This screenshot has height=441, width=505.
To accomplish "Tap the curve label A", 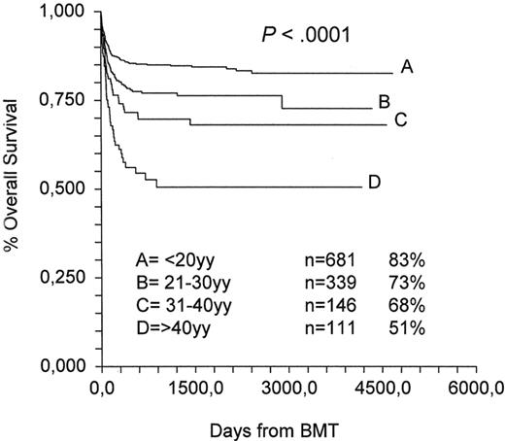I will (x=408, y=68).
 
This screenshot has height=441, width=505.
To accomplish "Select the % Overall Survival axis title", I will (x=14, y=188).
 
